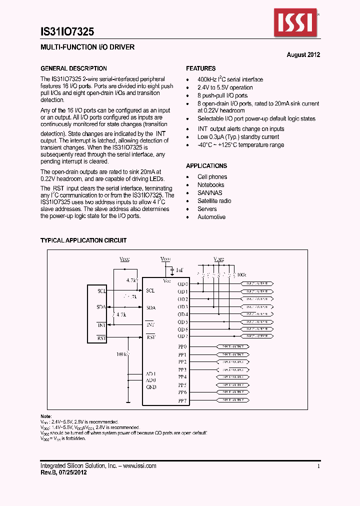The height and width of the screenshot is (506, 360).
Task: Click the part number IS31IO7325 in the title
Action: tap(67, 32)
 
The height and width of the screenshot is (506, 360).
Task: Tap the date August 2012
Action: tap(303, 55)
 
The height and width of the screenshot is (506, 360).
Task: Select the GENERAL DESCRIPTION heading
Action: tap(73, 68)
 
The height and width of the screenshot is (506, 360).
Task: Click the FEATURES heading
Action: tap(201, 68)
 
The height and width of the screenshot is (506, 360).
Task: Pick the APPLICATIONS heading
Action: tap(206, 166)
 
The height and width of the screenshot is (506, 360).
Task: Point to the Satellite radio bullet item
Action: tap(214, 201)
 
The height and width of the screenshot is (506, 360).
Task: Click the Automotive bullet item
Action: tap(211, 217)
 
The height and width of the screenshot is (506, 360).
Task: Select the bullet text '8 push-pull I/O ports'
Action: tap(222, 95)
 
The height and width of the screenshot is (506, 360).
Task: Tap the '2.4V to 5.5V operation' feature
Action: tap(225, 87)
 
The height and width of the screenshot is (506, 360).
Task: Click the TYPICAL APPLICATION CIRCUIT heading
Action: tap(83, 240)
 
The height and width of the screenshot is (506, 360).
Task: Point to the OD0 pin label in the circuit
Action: tap(183, 284)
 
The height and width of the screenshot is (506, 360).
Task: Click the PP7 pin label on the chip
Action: tap(182, 401)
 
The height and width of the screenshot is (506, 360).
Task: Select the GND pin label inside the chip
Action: tap(151, 387)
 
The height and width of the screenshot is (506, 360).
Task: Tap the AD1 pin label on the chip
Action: tap(151, 373)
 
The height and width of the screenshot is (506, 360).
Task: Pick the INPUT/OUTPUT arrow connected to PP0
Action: tap(232, 346)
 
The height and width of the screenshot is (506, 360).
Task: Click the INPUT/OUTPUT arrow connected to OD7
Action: tap(257, 336)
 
